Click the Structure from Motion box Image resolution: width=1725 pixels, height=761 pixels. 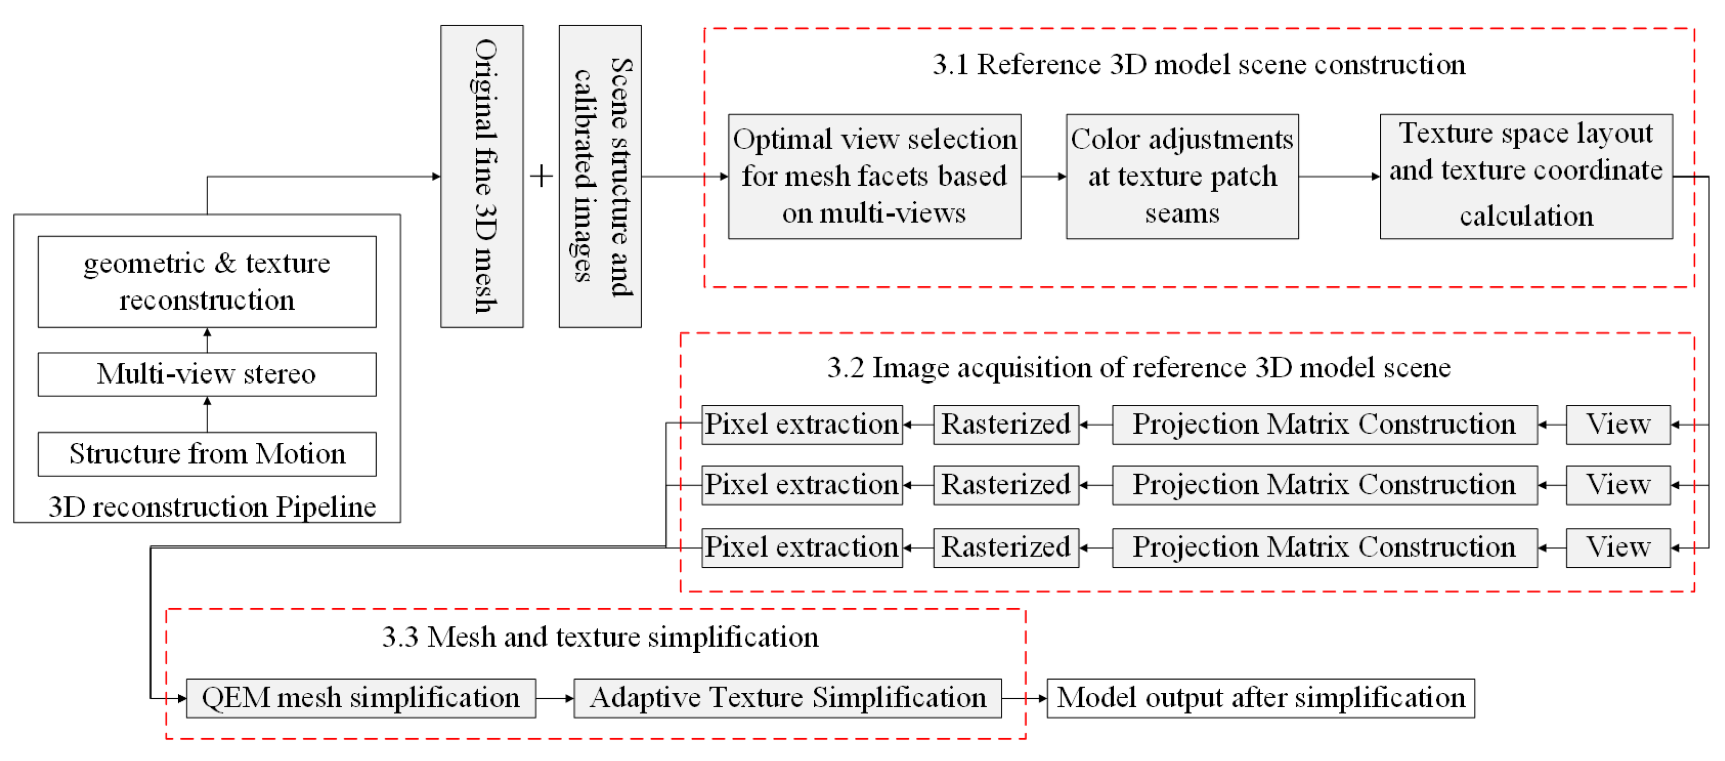coord(207,453)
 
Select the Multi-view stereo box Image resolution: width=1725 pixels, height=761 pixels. coord(207,374)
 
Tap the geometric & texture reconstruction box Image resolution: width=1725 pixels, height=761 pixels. coord(207,282)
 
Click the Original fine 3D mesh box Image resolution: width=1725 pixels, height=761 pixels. coord(481,176)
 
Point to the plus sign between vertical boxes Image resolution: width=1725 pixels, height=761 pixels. coord(541,177)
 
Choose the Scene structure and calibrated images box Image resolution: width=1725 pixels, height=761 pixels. coord(600,176)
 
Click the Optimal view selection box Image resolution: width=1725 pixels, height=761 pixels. coord(874,176)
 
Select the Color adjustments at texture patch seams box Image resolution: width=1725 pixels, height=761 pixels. coord(1182,176)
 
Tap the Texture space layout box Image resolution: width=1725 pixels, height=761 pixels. coord(1526,176)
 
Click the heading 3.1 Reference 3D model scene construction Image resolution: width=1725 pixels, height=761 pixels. coord(1198,65)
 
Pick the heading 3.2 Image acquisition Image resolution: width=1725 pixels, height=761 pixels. coord(1138,368)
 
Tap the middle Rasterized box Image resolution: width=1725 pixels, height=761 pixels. coord(1006,485)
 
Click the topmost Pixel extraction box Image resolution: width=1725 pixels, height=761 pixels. coord(802,424)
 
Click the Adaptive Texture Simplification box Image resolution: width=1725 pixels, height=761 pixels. coord(787,698)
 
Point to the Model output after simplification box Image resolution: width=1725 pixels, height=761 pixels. coord(1260,698)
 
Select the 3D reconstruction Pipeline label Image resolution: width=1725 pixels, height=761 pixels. coord(212,507)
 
